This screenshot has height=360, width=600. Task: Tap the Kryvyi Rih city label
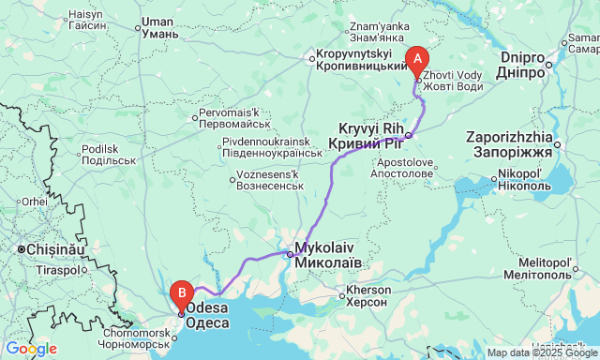pos(366,135)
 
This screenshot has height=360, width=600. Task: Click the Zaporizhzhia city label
pos(515,143)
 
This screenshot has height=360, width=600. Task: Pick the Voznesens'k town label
pos(269,180)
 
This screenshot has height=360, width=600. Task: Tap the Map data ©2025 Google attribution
pos(540,352)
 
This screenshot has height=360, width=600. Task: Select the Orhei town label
pos(35,201)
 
